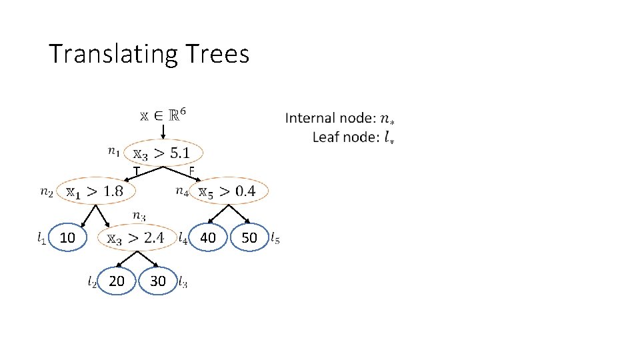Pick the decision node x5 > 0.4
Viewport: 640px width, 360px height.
pyautogui.click(x=228, y=191)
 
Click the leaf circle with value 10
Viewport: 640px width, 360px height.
pyautogui.click(x=67, y=238)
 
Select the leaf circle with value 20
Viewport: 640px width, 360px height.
pyautogui.click(x=116, y=281)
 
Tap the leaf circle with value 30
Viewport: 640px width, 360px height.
pyautogui.click(x=158, y=281)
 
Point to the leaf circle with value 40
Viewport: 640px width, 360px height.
pyautogui.click(x=208, y=238)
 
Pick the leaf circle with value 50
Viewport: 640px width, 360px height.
pyautogui.click(x=249, y=238)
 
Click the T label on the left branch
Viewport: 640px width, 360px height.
pyautogui.click(x=136, y=173)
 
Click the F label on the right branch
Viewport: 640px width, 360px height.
pyautogui.click(x=191, y=172)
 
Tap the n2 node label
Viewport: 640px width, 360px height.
pyautogui.click(x=47, y=192)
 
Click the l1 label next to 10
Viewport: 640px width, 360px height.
pyautogui.click(x=41, y=237)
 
